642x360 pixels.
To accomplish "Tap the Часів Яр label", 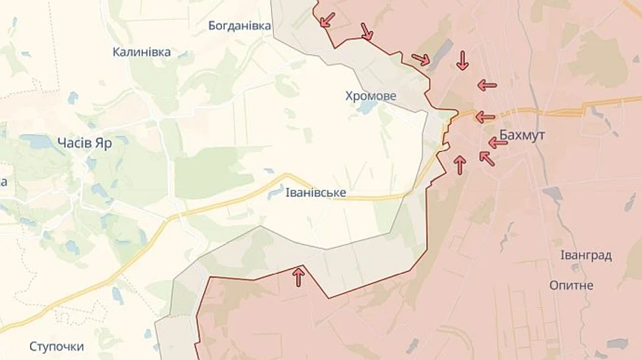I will point(83,143).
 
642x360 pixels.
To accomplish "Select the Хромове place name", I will point(370,96).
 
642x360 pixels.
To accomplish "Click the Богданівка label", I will point(240,26).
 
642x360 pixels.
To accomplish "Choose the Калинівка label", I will point(142,52).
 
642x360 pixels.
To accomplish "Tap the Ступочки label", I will point(56,346).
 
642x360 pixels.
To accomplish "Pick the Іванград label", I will point(586,256).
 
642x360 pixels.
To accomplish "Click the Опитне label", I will point(571,285).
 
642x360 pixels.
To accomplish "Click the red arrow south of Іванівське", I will point(298,277).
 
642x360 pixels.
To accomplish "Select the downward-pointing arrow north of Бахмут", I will point(462,61).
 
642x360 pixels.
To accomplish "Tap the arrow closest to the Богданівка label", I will point(327,19).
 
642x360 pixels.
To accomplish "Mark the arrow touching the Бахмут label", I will point(498,143).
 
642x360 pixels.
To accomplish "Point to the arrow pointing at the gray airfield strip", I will point(421,59).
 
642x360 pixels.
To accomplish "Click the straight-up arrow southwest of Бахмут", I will point(460,165).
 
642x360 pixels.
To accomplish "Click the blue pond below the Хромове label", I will point(368,108).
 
